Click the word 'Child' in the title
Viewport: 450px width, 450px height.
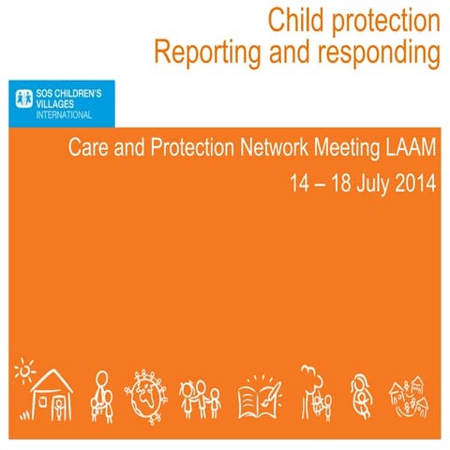coord(293,20)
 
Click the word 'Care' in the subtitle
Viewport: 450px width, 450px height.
coord(88,148)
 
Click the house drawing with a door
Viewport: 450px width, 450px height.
coord(52,395)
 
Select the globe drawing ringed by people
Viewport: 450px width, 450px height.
coord(147,392)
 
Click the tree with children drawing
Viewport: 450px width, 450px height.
coord(314,389)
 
